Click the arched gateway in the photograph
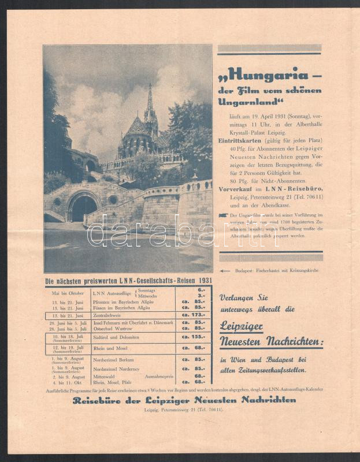point(83,207)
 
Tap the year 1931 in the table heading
point(205,281)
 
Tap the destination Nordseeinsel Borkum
point(116,359)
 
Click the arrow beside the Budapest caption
point(225,270)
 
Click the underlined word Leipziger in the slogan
point(242,326)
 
